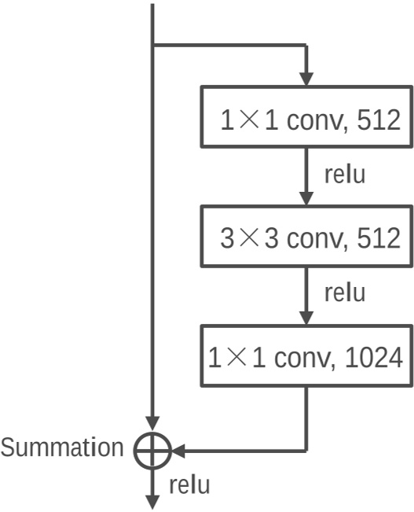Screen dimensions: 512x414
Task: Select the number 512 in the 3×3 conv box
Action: pos(377,238)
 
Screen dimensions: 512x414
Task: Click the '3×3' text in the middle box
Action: pos(250,238)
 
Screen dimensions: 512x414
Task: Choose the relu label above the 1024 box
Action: pos(344,293)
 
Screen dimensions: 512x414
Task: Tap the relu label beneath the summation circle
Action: pos(189,484)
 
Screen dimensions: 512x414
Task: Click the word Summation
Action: pos(62,448)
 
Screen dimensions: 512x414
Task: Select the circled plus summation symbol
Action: pos(152,451)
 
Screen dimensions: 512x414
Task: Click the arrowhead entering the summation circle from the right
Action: pos(178,451)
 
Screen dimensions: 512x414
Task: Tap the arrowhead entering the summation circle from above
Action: pos(152,425)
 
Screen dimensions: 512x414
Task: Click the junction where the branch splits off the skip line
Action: pos(152,46)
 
